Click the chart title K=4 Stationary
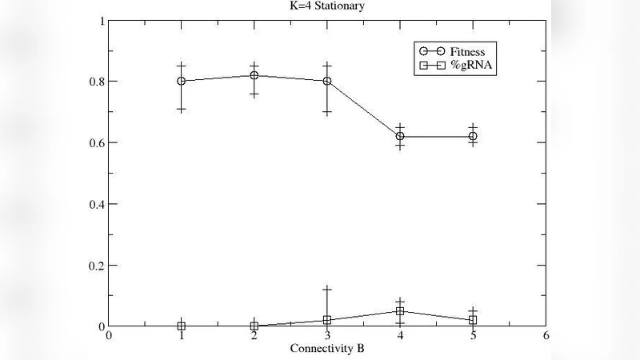click(326, 6)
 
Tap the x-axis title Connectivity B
click(326, 348)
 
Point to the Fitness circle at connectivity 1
click(182, 81)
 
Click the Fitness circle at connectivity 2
click(254, 75)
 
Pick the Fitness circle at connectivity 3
click(327, 81)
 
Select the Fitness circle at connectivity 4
click(400, 137)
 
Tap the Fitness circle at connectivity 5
click(473, 137)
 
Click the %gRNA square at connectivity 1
click(182, 326)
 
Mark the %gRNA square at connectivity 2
click(254, 326)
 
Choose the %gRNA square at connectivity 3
click(327, 320)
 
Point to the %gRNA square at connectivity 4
click(400, 311)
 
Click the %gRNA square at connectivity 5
click(473, 320)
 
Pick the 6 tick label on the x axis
click(546, 337)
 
